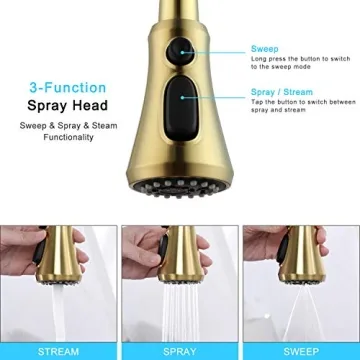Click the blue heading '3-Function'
[68, 88]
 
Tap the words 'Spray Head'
[68, 105]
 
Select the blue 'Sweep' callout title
[265, 49]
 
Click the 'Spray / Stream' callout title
[281, 92]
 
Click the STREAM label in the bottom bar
[58, 351]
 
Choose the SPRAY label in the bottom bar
[179, 351]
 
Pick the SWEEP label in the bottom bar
[301, 351]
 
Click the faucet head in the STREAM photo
[63, 255]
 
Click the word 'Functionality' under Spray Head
[68, 137]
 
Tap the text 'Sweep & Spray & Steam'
[68, 126]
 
